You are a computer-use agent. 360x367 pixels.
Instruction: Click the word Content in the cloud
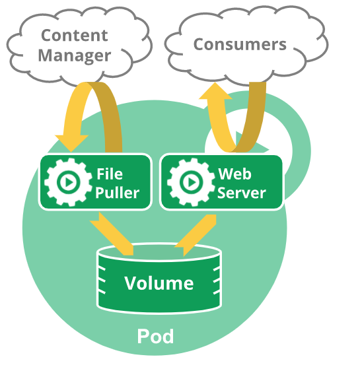[75, 36]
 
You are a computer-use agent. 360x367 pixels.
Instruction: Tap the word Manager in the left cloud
[75, 55]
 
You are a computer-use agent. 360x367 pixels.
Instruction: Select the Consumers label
[240, 44]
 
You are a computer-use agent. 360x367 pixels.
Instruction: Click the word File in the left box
[110, 174]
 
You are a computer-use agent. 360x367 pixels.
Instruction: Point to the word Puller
[118, 193]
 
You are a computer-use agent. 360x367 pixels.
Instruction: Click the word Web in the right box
[234, 174]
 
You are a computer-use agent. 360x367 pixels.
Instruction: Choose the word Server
[242, 193]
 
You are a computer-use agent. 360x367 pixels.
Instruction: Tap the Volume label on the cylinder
[159, 283]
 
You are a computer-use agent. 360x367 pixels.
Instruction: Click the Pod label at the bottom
[155, 336]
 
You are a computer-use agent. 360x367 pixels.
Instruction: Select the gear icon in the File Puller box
[68, 182]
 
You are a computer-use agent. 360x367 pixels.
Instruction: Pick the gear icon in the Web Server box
[191, 182]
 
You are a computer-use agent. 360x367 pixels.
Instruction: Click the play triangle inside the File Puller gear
[69, 182]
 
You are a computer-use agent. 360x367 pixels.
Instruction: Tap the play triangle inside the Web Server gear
[192, 182]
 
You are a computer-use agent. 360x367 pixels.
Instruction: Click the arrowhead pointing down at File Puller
[71, 143]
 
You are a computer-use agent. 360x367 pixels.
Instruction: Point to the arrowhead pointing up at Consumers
[215, 91]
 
